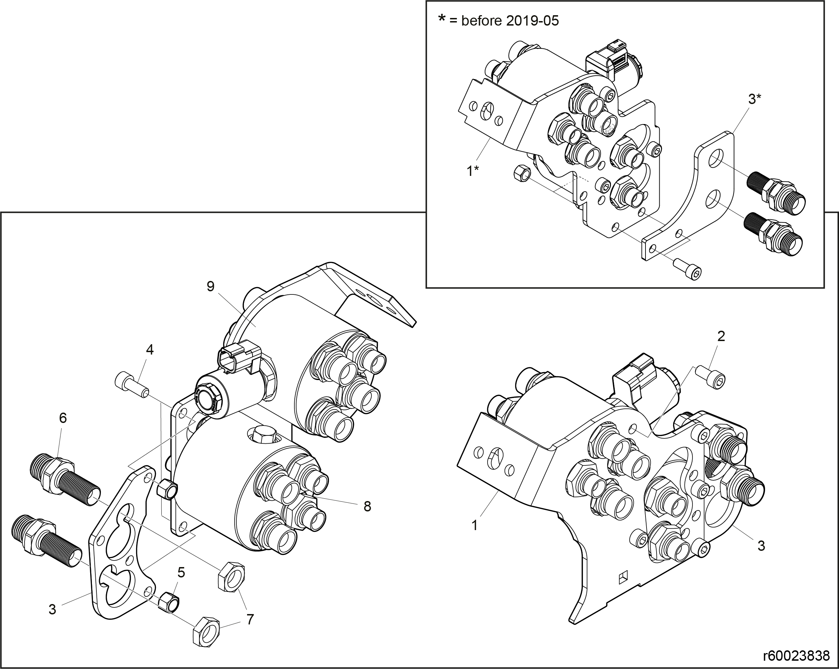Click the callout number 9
pyautogui.click(x=210, y=286)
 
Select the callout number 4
pyautogui.click(x=150, y=349)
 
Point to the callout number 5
pyautogui.click(x=181, y=572)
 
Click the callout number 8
pyautogui.click(x=367, y=506)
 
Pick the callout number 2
pyautogui.click(x=721, y=336)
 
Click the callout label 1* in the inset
pyautogui.click(x=473, y=170)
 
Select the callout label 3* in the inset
pyautogui.click(x=755, y=99)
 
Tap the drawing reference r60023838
pyautogui.click(x=796, y=656)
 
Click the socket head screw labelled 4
pyautogui.click(x=132, y=385)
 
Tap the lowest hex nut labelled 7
pyautogui.click(x=206, y=632)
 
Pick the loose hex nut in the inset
pyautogui.click(x=521, y=172)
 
